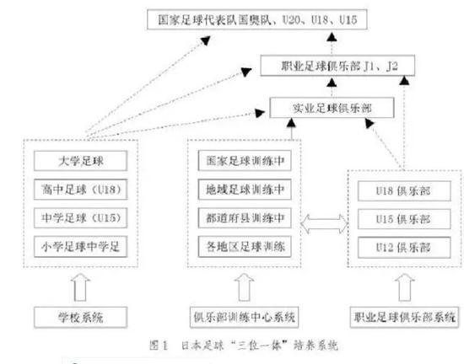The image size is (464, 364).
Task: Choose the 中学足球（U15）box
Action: coord(85,218)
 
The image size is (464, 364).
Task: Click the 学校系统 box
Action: coord(82,318)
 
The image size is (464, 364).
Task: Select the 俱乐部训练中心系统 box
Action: coord(245,318)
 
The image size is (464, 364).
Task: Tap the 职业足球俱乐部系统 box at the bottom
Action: coord(403,318)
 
